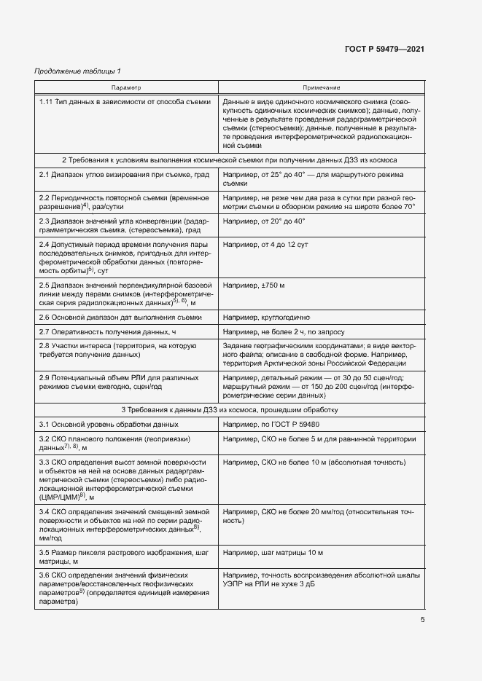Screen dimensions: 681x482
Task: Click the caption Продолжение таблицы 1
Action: coord(79,71)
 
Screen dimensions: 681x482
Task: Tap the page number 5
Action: coord(422,620)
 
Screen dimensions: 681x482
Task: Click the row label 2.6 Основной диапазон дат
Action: coord(120,318)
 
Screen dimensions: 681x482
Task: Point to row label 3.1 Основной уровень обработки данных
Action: coord(109,424)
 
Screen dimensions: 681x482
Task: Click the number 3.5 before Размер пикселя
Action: coord(44,553)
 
